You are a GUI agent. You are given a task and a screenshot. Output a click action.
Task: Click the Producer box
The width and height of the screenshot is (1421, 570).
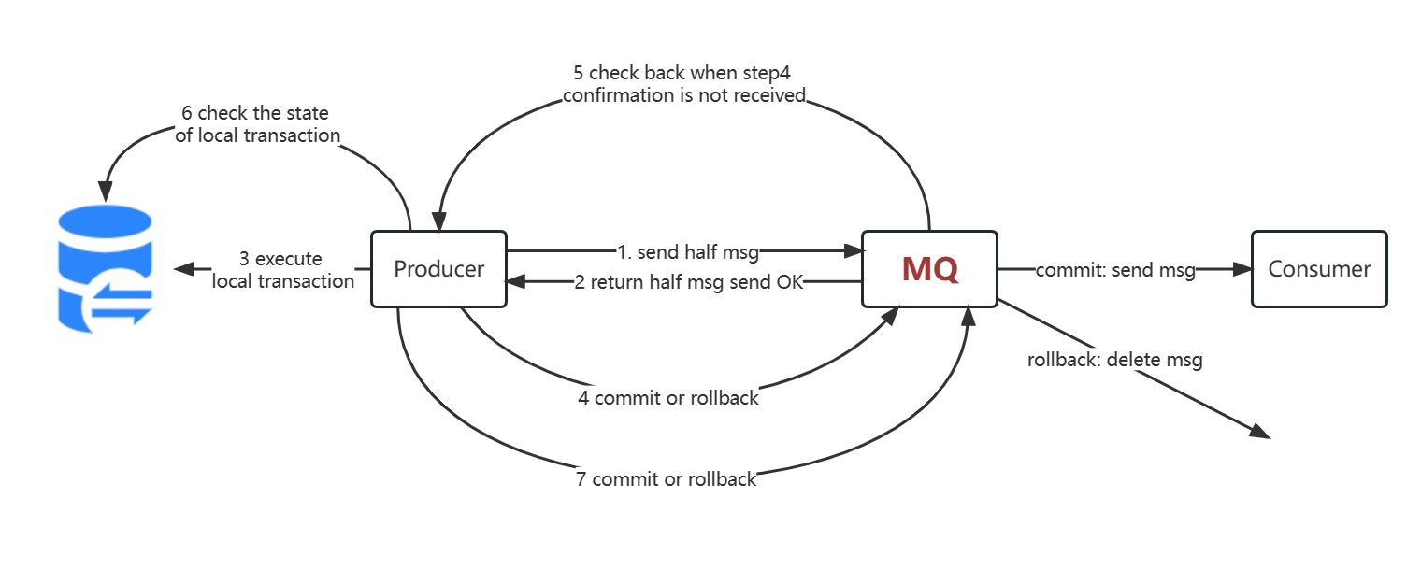click(438, 269)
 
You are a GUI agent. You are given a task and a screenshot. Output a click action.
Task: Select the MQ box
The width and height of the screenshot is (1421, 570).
click(929, 269)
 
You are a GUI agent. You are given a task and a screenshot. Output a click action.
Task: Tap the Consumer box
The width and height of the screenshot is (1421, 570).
click(1319, 269)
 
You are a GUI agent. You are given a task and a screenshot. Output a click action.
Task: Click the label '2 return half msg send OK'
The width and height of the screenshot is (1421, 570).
click(688, 282)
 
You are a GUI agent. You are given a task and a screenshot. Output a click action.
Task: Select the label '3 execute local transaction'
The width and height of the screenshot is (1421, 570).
click(283, 269)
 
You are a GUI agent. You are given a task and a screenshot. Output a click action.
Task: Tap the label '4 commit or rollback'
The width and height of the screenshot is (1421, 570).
click(667, 398)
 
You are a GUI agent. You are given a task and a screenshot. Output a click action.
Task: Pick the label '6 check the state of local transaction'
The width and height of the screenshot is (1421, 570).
click(257, 124)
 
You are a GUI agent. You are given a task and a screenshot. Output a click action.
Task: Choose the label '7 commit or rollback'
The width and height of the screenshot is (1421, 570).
click(666, 480)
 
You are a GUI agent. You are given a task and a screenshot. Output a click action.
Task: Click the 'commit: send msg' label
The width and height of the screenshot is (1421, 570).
click(1114, 271)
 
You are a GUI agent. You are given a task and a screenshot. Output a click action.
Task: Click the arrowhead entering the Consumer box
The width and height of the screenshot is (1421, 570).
click(1242, 269)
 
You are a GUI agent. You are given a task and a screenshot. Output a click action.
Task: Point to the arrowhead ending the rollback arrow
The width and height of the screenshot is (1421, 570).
click(1261, 432)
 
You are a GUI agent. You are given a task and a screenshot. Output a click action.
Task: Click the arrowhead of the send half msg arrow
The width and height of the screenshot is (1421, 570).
click(853, 250)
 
